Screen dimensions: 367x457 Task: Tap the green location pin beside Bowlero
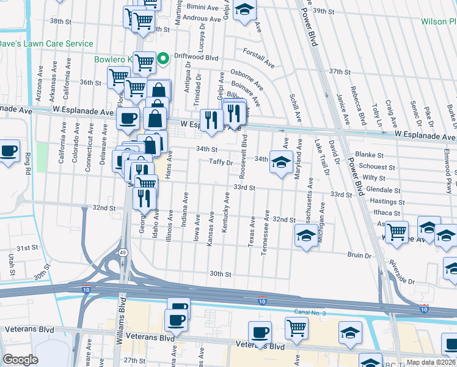click(163, 59)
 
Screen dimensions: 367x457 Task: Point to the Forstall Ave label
click(258, 57)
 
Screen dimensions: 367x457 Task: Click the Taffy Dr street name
click(221, 163)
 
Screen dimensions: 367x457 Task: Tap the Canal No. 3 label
click(310, 313)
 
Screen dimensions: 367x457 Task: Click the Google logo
click(20, 360)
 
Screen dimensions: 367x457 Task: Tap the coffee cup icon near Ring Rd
click(9, 151)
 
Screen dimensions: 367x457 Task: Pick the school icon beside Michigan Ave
click(306, 235)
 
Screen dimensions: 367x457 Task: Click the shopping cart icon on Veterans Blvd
click(296, 327)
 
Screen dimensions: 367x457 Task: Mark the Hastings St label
click(387, 201)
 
